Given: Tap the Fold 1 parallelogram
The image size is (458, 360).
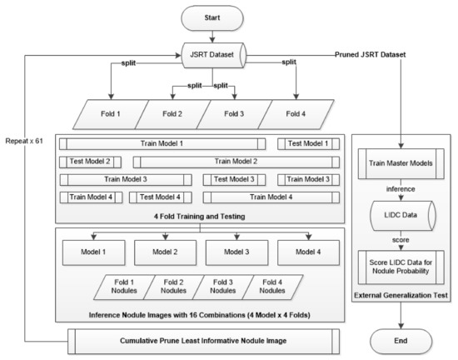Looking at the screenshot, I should (x=93, y=112).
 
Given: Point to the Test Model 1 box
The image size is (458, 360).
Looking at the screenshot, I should (x=308, y=143).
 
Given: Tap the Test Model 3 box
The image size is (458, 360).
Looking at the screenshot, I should (x=234, y=179).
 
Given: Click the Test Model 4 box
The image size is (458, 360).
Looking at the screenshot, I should (x=161, y=197).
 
